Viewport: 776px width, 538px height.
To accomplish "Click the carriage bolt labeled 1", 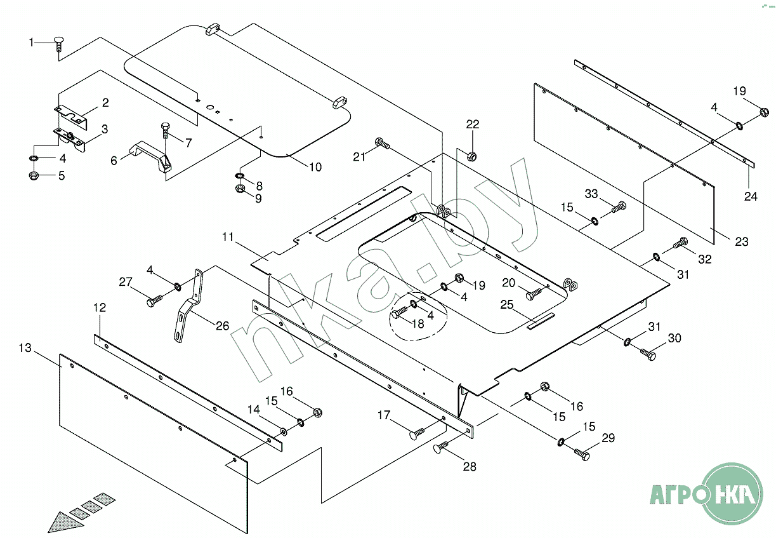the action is click(x=59, y=44).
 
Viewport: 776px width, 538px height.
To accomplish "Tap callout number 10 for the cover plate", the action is click(x=315, y=167).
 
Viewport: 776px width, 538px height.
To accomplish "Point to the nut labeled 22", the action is click(x=471, y=156).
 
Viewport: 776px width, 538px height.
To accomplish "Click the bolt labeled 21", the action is click(x=382, y=143).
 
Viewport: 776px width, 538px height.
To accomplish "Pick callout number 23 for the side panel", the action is click(x=742, y=241).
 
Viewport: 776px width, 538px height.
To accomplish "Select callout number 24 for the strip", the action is click(x=751, y=196).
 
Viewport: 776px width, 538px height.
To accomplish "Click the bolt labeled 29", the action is click(x=582, y=454).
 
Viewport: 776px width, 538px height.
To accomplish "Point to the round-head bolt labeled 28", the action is click(x=440, y=447).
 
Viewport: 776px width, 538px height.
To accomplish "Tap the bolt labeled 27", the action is click(x=155, y=300).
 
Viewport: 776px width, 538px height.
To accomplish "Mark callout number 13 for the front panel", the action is click(x=25, y=347).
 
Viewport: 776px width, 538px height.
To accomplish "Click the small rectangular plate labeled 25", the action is click(x=541, y=321).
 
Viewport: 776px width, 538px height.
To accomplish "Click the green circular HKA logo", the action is click(x=734, y=494).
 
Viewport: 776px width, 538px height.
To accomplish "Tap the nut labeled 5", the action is click(x=34, y=175).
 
